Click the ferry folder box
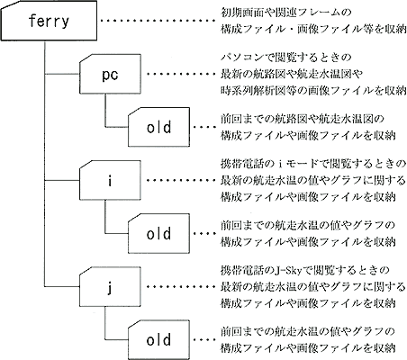pyautogui.click(x=49, y=21)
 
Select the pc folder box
pyautogui.click(x=110, y=74)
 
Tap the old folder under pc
pyautogui.click(x=159, y=127)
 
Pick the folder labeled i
pyautogui.click(x=110, y=180)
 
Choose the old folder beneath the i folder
pyautogui.click(x=159, y=234)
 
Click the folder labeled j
pyautogui.click(x=110, y=287)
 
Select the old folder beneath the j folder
pyautogui.click(x=159, y=340)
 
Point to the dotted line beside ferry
pyautogui.click(x=158, y=21)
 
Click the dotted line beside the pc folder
pyautogui.click(x=181, y=74)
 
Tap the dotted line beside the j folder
pyautogui.click(x=181, y=287)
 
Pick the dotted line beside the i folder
pyautogui.click(x=181, y=180)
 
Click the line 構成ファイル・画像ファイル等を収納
pyautogui.click(x=313, y=30)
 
